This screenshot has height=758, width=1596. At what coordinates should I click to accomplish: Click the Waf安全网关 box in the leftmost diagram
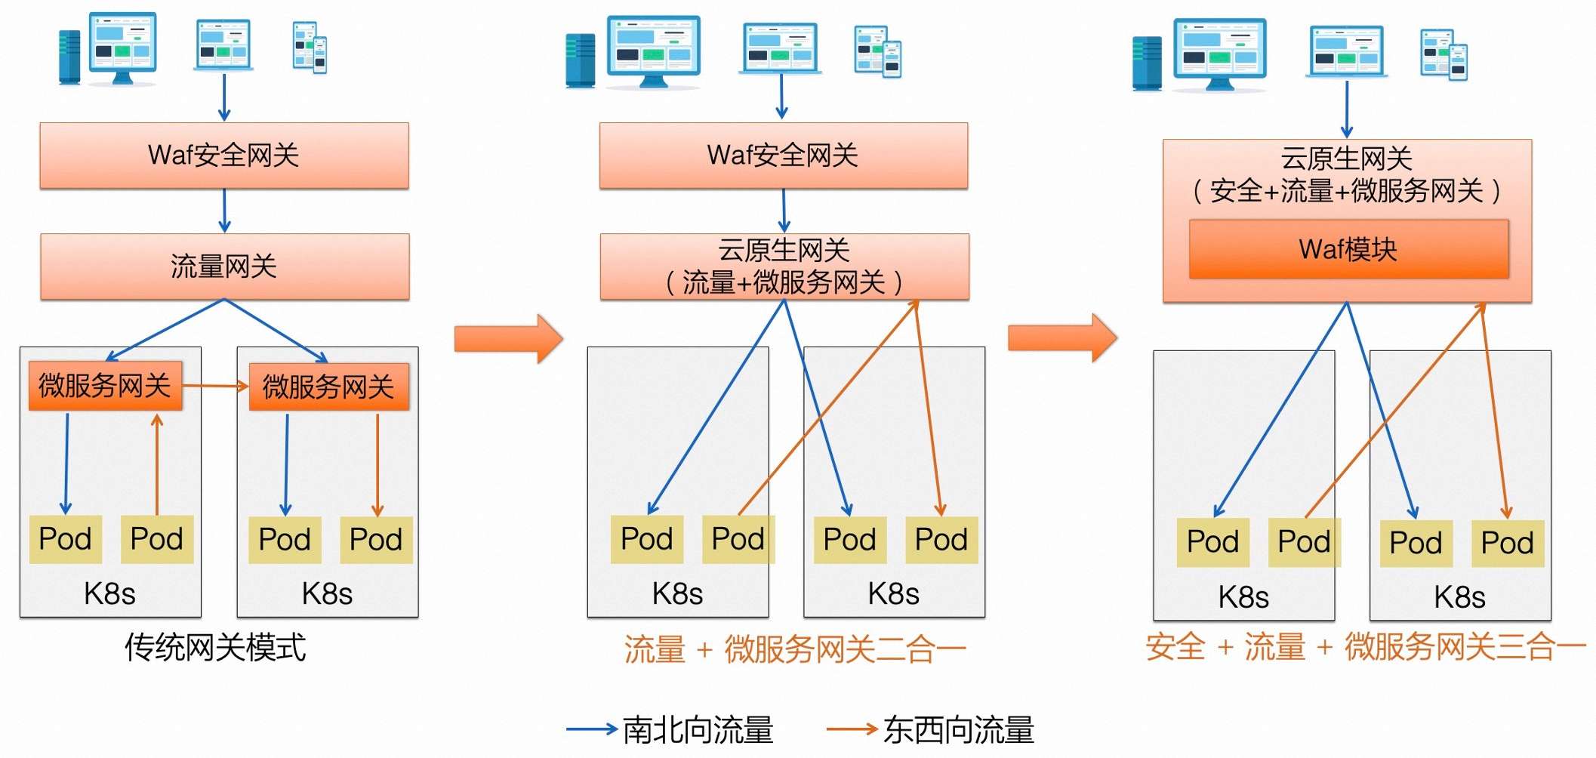pyautogui.click(x=224, y=156)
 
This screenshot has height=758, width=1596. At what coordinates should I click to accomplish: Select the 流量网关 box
pyautogui.click(x=224, y=267)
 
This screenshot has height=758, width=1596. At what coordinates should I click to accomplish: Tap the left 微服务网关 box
pyautogui.click(x=105, y=386)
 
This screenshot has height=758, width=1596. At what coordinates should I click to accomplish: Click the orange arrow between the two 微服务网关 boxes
pyautogui.click(x=215, y=386)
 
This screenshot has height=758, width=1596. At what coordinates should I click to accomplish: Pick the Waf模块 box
pyautogui.click(x=1348, y=249)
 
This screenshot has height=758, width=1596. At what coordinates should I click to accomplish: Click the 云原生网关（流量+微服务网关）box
pyautogui.click(x=784, y=267)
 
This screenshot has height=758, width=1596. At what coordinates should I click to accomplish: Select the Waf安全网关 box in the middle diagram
pyautogui.click(x=783, y=156)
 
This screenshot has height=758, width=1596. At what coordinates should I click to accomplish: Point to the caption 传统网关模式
pyautogui.click(x=215, y=648)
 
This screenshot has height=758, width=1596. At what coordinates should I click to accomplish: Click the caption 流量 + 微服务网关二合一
pyautogui.click(x=794, y=649)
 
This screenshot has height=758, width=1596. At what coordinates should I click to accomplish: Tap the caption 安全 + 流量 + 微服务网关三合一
pyautogui.click(x=1365, y=647)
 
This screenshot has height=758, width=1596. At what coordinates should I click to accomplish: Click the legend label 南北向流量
pyautogui.click(x=698, y=729)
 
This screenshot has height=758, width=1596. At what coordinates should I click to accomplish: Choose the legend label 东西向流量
pyautogui.click(x=958, y=729)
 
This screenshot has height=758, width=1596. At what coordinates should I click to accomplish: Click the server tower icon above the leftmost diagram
pyautogui.click(x=69, y=57)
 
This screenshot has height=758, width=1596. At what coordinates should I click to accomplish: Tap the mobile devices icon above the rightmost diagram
pyautogui.click(x=1443, y=54)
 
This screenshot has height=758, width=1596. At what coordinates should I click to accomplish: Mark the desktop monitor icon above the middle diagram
pyautogui.click(x=654, y=49)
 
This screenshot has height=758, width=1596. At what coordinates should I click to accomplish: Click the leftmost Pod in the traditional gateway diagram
pyautogui.click(x=66, y=539)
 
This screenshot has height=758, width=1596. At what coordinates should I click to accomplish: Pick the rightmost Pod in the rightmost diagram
pyautogui.click(x=1507, y=543)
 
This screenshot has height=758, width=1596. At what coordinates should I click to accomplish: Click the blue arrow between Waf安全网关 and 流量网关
pyautogui.click(x=224, y=211)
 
